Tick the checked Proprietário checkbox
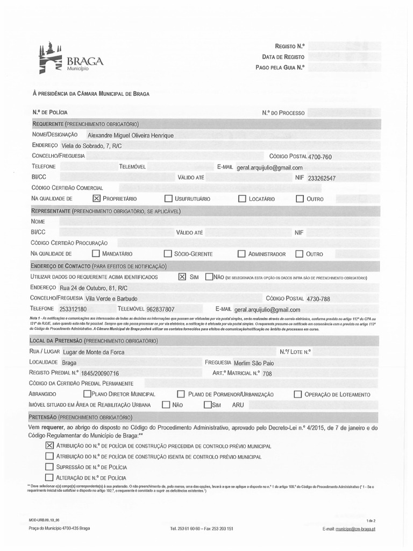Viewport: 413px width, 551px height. coord(97,199)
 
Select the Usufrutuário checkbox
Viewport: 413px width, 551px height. coord(169,199)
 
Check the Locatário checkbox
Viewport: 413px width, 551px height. coord(242,199)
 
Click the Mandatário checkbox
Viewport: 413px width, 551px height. coord(96,253)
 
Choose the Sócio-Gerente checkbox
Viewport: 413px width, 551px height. coord(168,253)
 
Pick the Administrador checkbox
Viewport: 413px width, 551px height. coord(241,253)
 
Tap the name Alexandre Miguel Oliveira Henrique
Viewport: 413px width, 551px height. coord(130,136)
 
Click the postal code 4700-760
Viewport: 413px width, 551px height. coord(319,157)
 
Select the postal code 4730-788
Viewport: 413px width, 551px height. coord(318,299)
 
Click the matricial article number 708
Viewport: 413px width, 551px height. coord(267,373)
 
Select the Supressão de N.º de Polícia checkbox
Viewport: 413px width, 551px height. coord(49,467)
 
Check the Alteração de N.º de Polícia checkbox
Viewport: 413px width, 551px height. coord(49,477)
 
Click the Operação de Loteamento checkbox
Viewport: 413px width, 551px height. coord(297,394)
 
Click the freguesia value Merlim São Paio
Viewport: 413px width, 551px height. coord(258,363)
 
